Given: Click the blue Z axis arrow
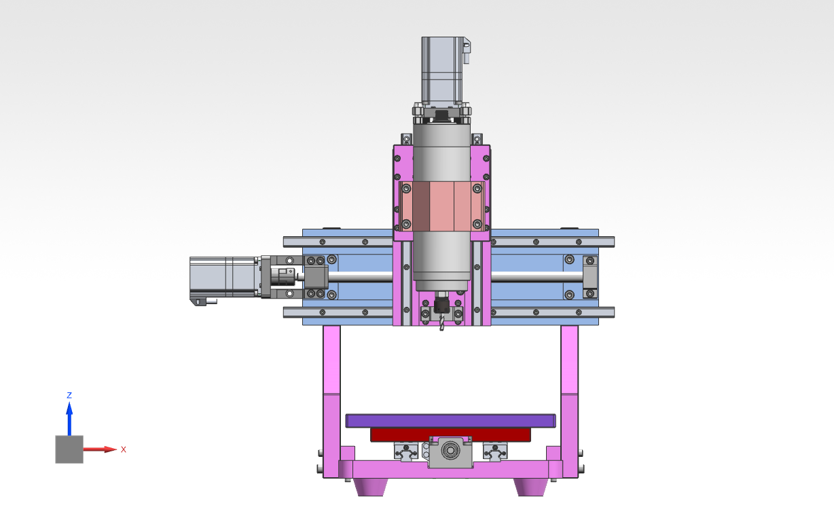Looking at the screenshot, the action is (x=69, y=418).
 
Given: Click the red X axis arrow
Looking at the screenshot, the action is (x=100, y=449).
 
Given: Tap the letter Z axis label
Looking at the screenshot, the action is (x=69, y=395).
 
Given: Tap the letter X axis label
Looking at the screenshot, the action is (x=124, y=449).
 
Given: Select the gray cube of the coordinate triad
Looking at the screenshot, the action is (x=69, y=449).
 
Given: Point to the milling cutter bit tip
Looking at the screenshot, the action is (x=442, y=330).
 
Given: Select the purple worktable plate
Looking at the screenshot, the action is (x=450, y=421).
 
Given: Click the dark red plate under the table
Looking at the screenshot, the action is (x=450, y=434).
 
